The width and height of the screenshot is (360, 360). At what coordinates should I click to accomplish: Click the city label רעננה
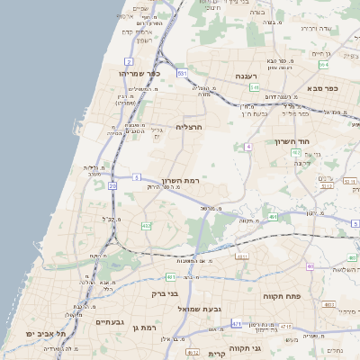point(245,76)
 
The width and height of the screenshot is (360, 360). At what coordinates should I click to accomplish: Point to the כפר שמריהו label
point(137,73)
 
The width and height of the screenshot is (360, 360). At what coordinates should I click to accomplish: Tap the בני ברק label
point(164,294)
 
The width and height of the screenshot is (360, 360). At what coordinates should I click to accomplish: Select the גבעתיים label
point(109,321)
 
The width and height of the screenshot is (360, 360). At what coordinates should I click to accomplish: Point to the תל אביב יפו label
point(42,333)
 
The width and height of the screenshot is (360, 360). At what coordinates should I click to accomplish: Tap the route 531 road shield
point(182,73)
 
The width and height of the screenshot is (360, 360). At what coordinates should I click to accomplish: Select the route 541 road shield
point(255,87)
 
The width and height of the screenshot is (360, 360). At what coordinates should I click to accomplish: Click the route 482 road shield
point(147,225)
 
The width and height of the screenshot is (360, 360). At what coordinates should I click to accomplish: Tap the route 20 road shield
point(112,185)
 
